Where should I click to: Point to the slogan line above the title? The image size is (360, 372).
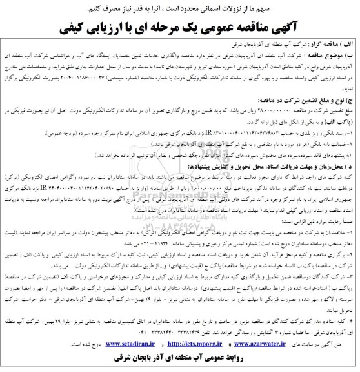(180, 7)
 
